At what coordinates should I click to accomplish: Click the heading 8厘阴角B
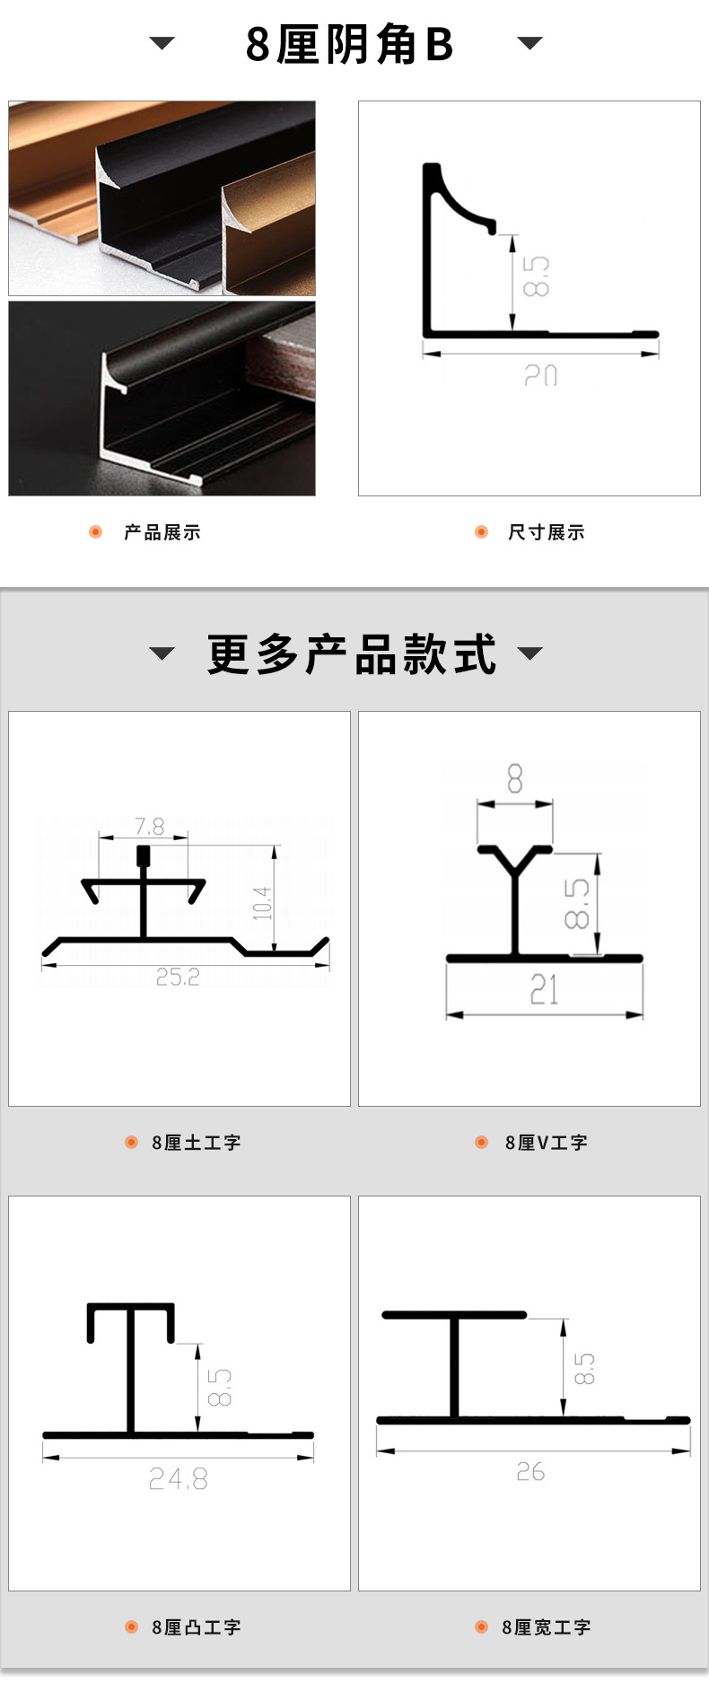click(349, 45)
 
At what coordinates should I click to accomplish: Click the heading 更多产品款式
click(351, 654)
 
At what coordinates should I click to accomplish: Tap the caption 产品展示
click(162, 532)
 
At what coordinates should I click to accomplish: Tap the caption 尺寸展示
click(546, 532)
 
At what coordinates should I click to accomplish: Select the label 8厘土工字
click(196, 1143)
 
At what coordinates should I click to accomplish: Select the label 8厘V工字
click(546, 1143)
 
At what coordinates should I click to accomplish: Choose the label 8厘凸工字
click(196, 1627)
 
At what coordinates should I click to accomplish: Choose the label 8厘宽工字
click(546, 1627)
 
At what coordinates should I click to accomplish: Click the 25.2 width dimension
click(178, 977)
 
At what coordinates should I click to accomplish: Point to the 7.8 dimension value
click(149, 826)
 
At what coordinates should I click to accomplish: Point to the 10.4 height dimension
click(261, 903)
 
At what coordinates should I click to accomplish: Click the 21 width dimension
click(544, 990)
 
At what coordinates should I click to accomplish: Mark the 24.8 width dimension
click(178, 1478)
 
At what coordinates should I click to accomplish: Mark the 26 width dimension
click(530, 1472)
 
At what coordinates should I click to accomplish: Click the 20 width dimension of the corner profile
click(540, 375)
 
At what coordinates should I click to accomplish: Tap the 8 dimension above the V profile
click(514, 779)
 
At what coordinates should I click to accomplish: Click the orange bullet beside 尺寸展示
click(481, 532)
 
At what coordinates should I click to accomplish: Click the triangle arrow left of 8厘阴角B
click(162, 43)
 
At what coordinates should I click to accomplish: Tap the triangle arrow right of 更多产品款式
click(530, 653)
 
